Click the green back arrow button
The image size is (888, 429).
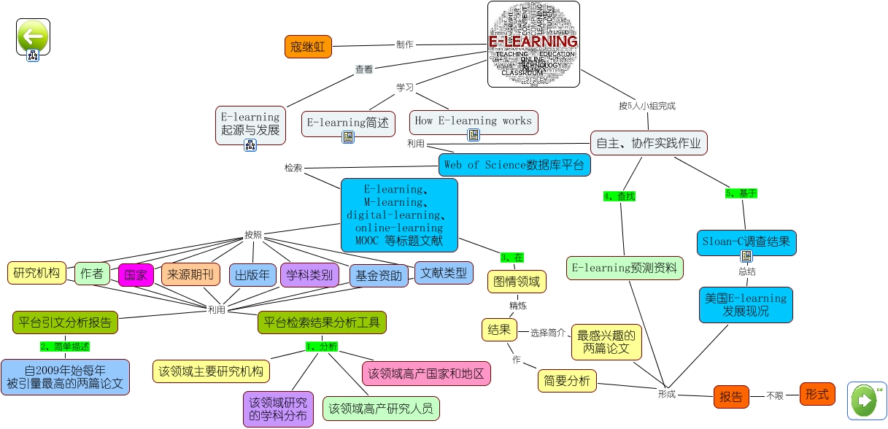tap(33, 36)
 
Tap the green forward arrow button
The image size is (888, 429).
tap(866, 400)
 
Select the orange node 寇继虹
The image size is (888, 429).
tap(307, 47)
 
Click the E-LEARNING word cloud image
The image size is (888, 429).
tap(533, 44)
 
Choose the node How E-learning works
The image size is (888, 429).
tap(473, 120)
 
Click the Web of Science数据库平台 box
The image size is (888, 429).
tap(514, 165)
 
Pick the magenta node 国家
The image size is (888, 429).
tap(136, 275)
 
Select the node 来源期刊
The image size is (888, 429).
tap(190, 274)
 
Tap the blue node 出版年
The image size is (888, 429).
tap(252, 275)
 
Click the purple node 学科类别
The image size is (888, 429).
tap(309, 274)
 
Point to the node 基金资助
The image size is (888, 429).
tap(379, 275)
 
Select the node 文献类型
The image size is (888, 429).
tap(443, 273)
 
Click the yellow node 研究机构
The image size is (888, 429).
tap(36, 273)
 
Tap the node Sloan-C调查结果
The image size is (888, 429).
tap(746, 241)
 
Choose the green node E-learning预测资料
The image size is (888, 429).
tap(625, 268)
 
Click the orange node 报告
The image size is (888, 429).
tap(731, 397)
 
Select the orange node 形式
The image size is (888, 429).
tap(817, 395)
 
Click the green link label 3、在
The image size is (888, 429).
tap(512, 257)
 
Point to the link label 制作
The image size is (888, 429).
tap(404, 45)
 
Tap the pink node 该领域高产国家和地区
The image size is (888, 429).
tap(426, 374)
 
